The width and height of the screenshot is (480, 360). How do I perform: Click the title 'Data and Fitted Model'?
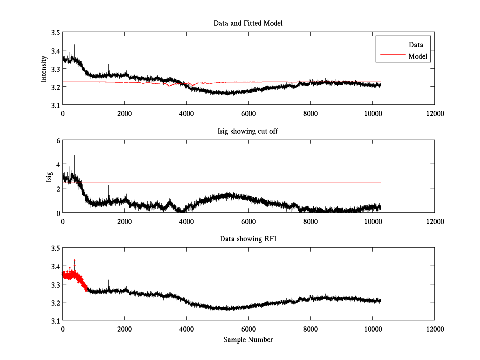248,23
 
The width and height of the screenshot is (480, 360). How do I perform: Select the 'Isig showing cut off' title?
248,131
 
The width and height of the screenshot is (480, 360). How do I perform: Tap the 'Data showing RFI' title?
248,239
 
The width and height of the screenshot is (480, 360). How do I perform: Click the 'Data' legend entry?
416,44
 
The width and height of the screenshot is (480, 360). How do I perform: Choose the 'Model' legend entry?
418,56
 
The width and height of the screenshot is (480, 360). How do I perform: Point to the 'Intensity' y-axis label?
44,69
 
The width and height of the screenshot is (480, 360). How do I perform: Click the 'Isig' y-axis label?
49,176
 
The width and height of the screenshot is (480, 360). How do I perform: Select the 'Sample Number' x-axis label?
248,340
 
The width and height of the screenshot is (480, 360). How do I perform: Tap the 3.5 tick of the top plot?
55,32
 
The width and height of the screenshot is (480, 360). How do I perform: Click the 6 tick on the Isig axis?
58,140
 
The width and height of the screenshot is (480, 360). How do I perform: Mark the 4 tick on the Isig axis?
58,164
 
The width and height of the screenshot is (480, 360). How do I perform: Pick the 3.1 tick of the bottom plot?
55,321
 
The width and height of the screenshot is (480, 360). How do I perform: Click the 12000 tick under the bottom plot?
434,329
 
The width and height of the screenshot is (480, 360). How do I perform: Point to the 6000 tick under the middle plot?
248,221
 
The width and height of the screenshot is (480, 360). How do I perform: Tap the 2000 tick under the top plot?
124,114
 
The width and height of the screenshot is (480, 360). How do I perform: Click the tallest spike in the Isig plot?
74,156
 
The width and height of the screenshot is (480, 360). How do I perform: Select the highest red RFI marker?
74,260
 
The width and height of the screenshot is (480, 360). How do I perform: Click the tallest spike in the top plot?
74,45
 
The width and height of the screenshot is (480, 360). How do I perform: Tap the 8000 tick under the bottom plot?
310,329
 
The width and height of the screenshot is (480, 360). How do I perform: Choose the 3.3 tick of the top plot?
55,69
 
